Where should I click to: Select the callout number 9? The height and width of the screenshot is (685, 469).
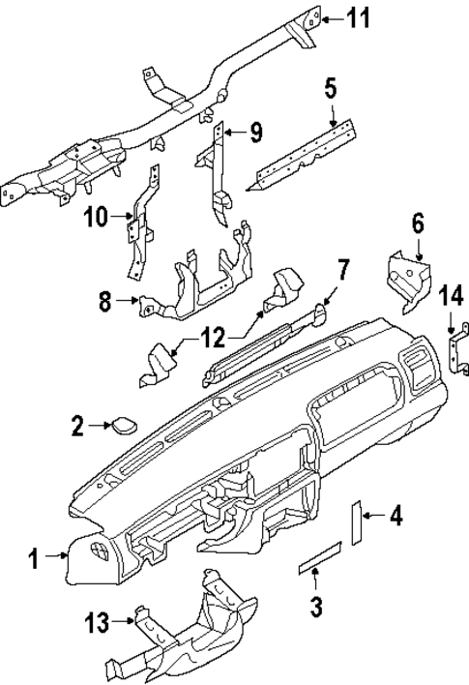(x=256, y=134)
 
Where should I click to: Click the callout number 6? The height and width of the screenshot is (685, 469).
(x=418, y=223)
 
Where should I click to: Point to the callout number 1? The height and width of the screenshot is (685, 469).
(x=33, y=557)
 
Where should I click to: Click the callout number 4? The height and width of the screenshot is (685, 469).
(x=395, y=517)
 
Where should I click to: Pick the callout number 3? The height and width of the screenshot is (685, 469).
(x=316, y=607)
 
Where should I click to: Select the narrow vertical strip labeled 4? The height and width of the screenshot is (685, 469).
(x=356, y=522)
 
